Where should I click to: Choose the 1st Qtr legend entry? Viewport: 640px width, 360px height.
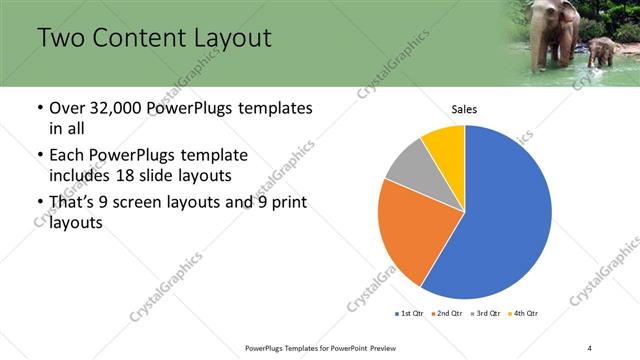pos(410,314)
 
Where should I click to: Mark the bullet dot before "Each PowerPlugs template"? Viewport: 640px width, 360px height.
pos(39,156)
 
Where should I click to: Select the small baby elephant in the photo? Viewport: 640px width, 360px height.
pos(601,50)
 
